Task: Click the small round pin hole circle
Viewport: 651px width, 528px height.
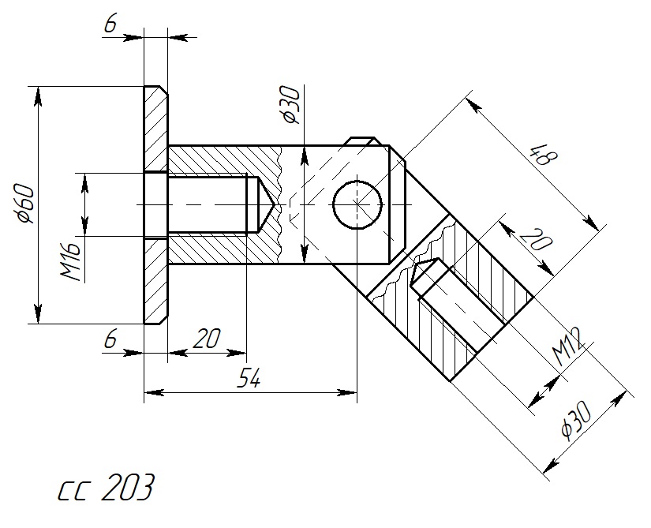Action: click(357, 204)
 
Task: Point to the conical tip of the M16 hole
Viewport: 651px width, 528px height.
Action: click(268, 204)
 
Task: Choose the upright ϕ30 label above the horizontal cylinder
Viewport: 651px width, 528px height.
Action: click(290, 105)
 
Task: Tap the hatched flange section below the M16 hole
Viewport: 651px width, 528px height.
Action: click(155, 280)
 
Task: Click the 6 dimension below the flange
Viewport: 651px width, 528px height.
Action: click(110, 340)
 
